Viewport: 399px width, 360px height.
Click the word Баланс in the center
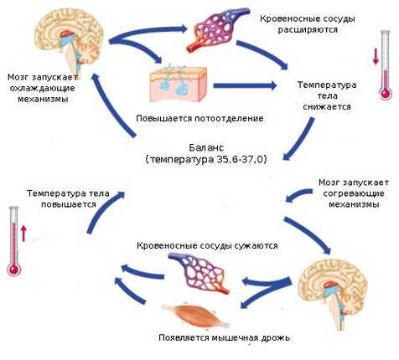pyautogui.click(x=206, y=147)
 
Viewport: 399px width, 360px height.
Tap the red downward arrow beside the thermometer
pyautogui.click(x=376, y=57)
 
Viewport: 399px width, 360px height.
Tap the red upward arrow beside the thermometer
pyautogui.click(x=23, y=234)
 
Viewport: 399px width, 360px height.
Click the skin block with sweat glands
pyautogui.click(x=179, y=84)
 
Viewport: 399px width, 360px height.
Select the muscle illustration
pyautogui.click(x=195, y=315)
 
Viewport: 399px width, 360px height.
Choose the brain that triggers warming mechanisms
pyautogui.click(x=332, y=293)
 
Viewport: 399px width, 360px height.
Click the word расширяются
pyautogui.click(x=308, y=29)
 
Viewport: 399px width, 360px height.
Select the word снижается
pyautogui.click(x=327, y=106)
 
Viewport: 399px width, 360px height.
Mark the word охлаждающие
pyautogui.click(x=43, y=89)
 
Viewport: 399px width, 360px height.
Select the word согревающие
pyautogui.click(x=354, y=193)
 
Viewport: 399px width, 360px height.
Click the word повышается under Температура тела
pyautogui.click(x=69, y=204)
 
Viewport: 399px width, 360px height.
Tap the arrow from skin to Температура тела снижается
pyautogui.click(x=245, y=85)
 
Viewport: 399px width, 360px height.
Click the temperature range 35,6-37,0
pyautogui.click(x=239, y=160)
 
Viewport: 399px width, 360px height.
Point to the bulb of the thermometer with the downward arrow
pyautogui.click(x=386, y=93)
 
